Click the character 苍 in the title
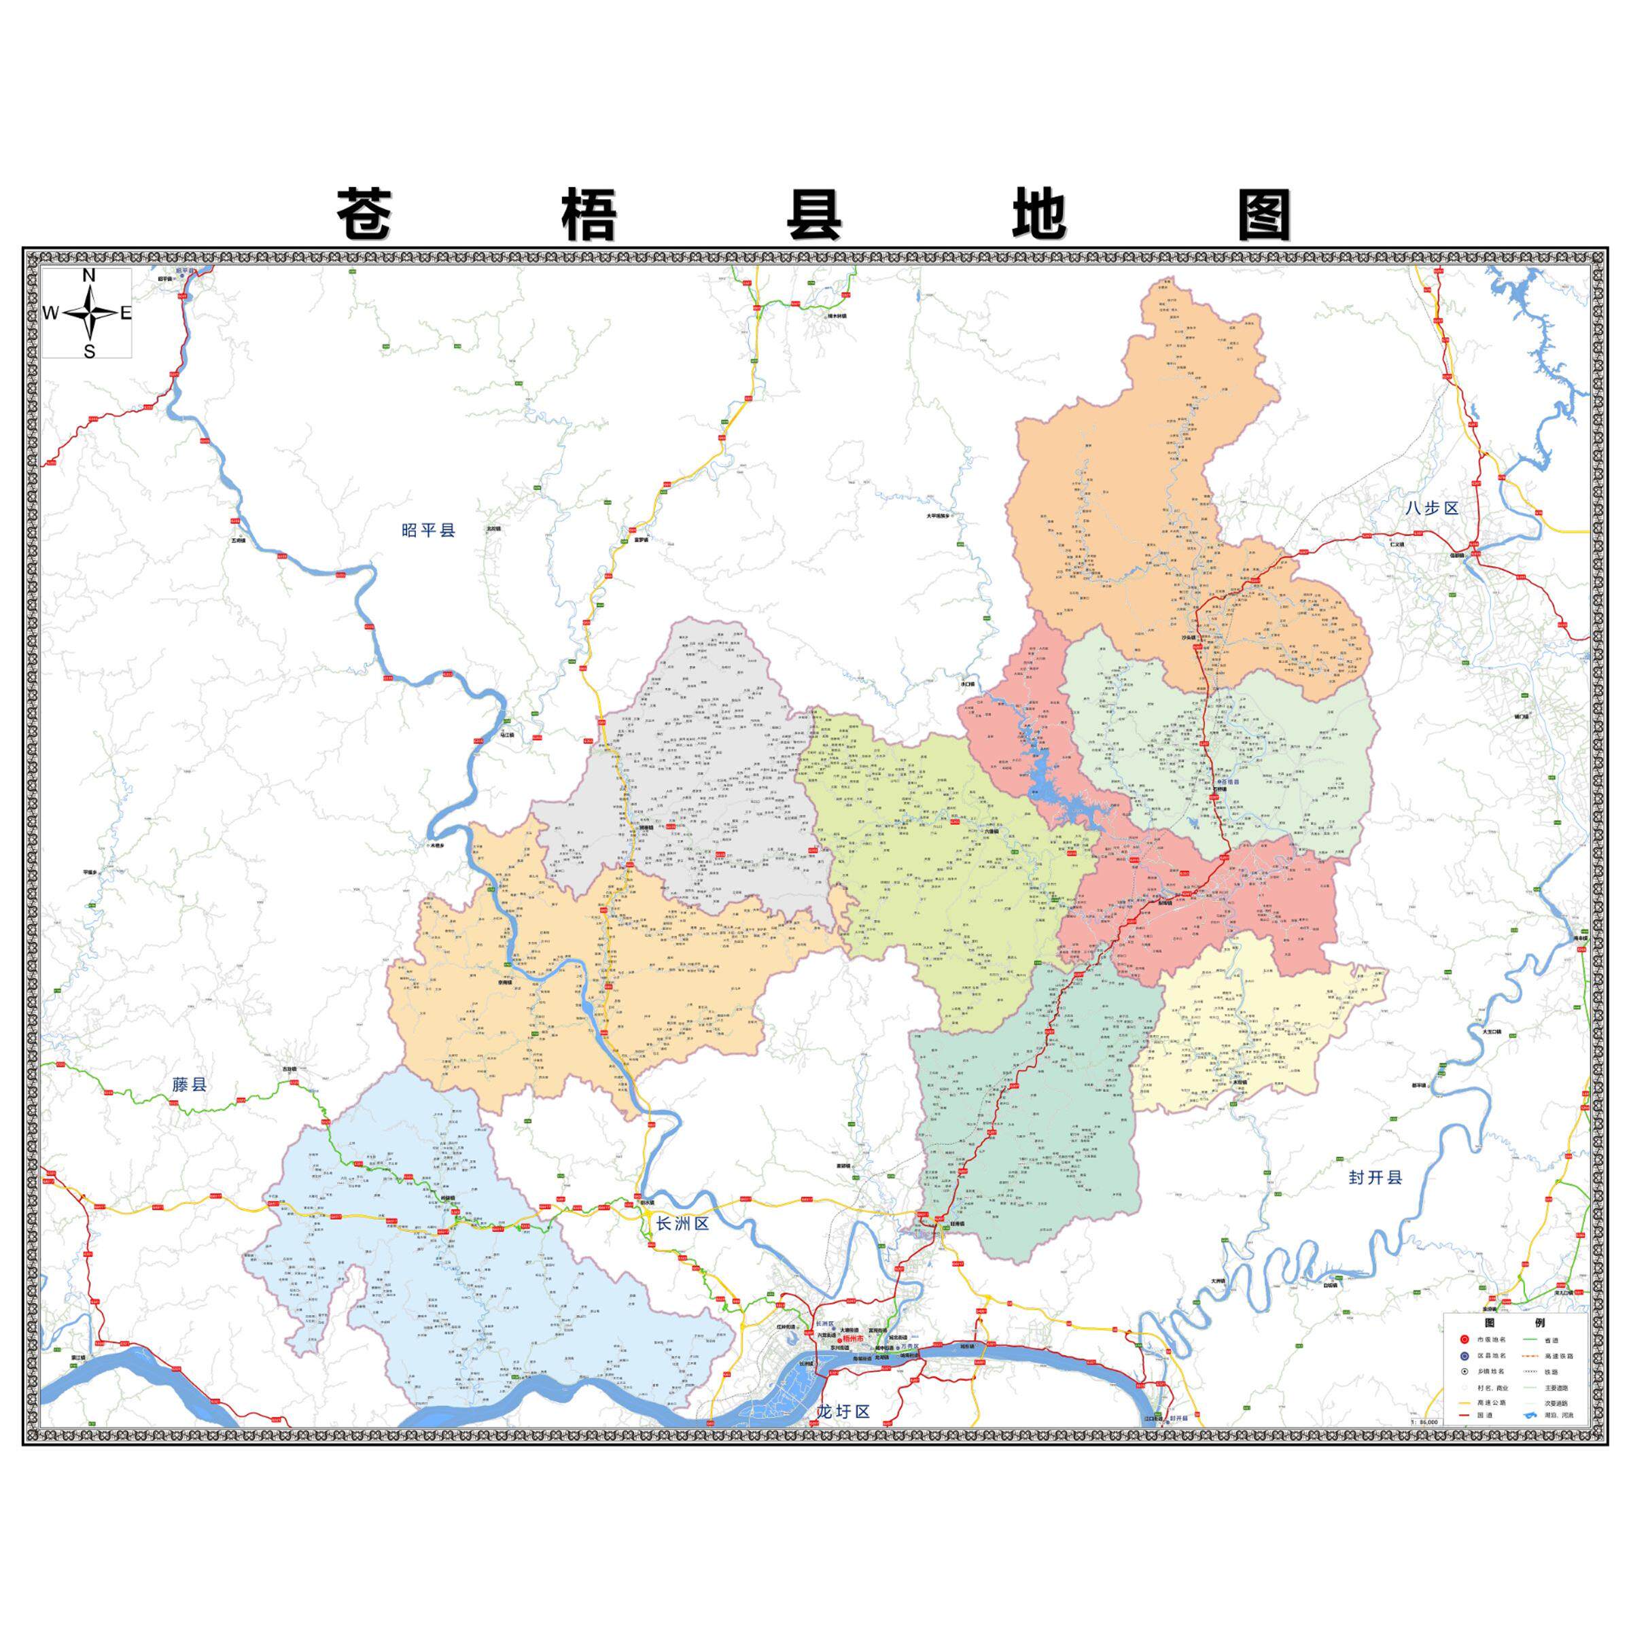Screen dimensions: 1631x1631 [x=365, y=215]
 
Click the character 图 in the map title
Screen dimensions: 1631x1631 [x=1264, y=215]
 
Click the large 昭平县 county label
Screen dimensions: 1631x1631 [x=428, y=530]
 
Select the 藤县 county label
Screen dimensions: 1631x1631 [x=189, y=1084]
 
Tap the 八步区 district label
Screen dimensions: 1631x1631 [x=1432, y=508]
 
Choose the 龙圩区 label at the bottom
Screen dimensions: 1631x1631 [x=843, y=1411]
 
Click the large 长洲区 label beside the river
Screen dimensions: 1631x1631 [x=682, y=1223]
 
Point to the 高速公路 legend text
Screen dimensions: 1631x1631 [x=1492, y=1403]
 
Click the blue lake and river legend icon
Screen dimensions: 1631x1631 [x=1531, y=1415]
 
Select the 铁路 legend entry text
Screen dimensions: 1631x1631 [x=1551, y=1372]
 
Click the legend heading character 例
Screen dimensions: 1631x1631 [x=1540, y=1323]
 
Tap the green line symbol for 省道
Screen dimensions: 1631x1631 [x=1530, y=1339]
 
